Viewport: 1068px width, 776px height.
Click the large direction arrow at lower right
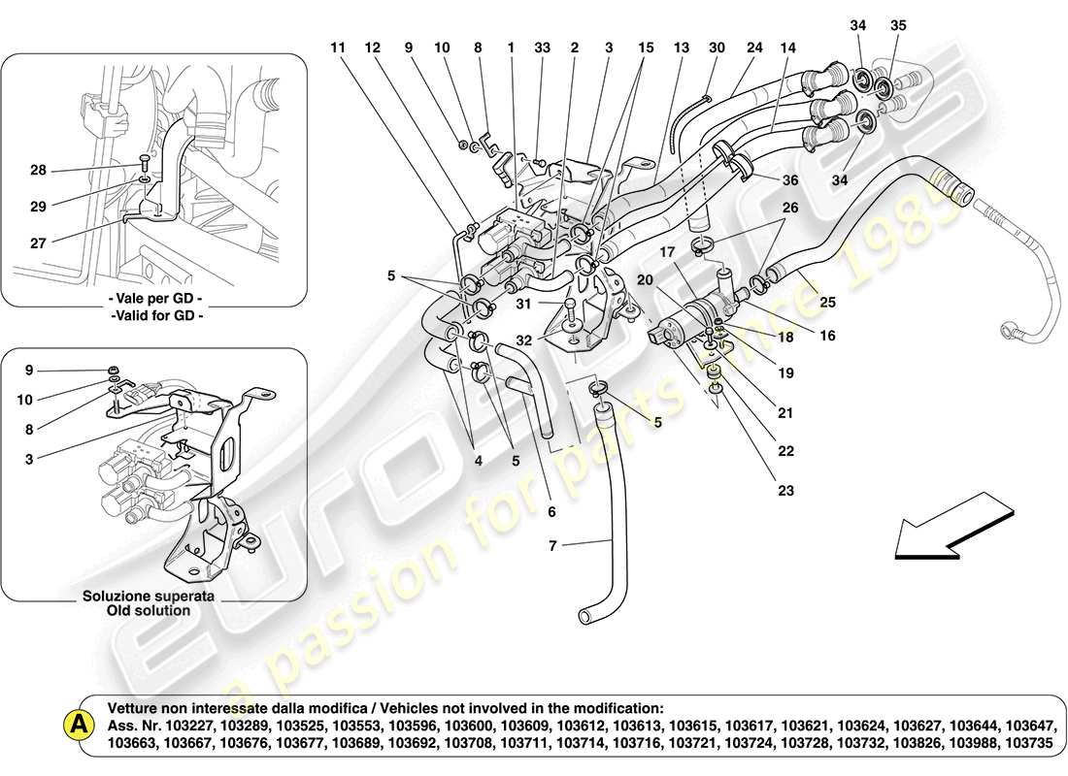[951, 527]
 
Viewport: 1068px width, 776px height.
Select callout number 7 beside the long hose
[552, 547]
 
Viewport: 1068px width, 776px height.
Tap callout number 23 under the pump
[784, 491]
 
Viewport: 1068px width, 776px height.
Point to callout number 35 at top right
[897, 26]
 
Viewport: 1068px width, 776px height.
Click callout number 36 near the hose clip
[790, 179]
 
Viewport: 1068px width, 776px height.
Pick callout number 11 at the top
[337, 47]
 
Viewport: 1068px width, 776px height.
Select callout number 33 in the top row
[541, 47]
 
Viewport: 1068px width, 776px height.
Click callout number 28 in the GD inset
[37, 171]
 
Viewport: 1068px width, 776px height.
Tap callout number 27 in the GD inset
[37, 243]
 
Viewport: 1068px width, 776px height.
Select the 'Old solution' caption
[149, 611]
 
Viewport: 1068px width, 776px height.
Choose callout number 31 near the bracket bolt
[523, 304]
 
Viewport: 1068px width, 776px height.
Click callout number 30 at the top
[717, 47]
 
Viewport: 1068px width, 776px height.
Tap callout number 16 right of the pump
[826, 336]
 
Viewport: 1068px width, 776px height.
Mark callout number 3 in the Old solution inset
[28, 459]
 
